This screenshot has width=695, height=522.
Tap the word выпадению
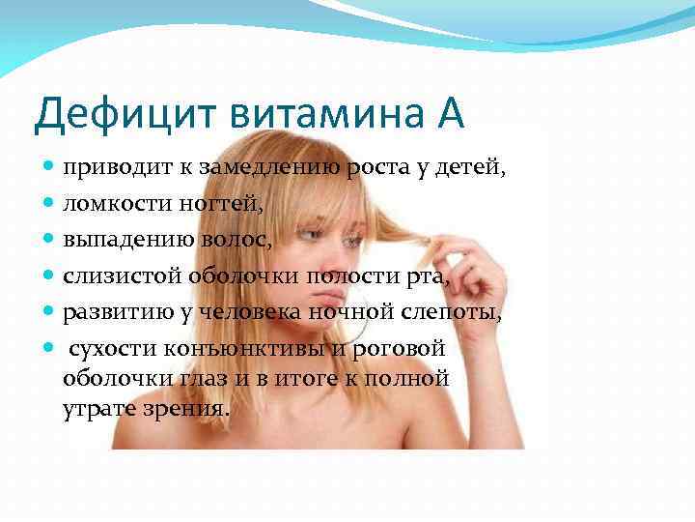coord(119,239)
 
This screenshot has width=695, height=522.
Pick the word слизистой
coord(113,275)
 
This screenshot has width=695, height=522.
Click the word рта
coord(425,276)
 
